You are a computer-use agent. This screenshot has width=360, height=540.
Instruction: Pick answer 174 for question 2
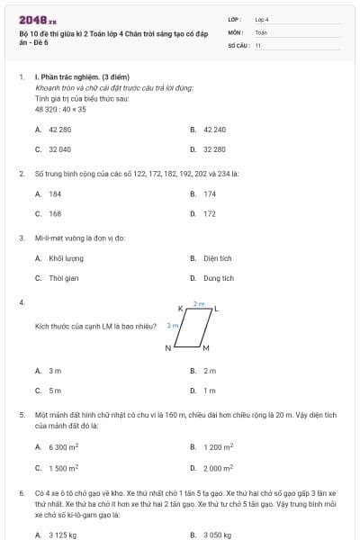[210, 193]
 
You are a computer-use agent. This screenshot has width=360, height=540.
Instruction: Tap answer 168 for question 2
[55, 213]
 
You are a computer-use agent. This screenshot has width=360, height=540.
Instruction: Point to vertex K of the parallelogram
[181, 309]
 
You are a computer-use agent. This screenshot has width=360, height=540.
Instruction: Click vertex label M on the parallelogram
[206, 348]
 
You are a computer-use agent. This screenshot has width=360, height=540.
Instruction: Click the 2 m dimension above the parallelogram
[199, 304]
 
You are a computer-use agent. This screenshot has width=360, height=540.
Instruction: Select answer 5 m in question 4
[55, 390]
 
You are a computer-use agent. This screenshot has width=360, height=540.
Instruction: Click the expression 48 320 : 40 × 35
[60, 109]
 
